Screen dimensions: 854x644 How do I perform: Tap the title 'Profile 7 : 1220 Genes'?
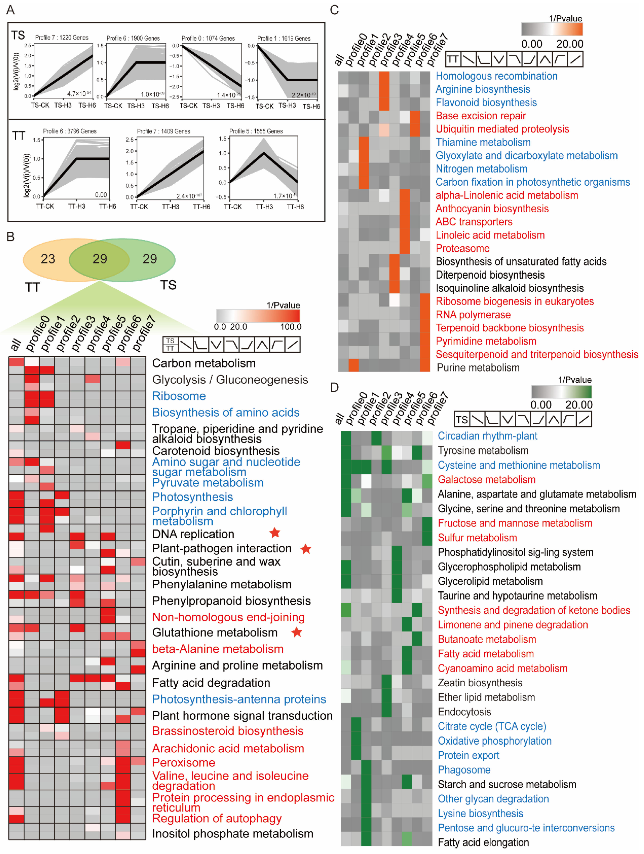62,37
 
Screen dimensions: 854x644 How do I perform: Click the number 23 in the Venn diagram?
48,259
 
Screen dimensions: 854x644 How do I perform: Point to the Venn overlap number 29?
100,259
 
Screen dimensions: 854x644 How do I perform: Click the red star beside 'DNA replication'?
275,533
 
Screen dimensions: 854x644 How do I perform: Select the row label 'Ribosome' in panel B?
179,396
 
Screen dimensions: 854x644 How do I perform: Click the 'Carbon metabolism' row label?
204,363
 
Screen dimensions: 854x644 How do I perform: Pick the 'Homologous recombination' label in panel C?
496,76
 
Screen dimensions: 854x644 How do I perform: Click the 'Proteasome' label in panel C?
462,248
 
